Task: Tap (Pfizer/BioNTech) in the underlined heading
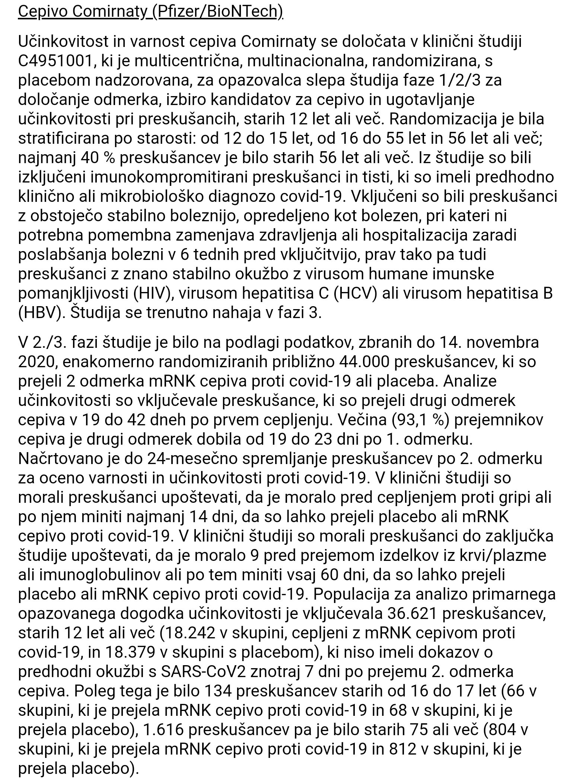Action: [x=217, y=12]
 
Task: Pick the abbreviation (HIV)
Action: [x=152, y=293]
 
